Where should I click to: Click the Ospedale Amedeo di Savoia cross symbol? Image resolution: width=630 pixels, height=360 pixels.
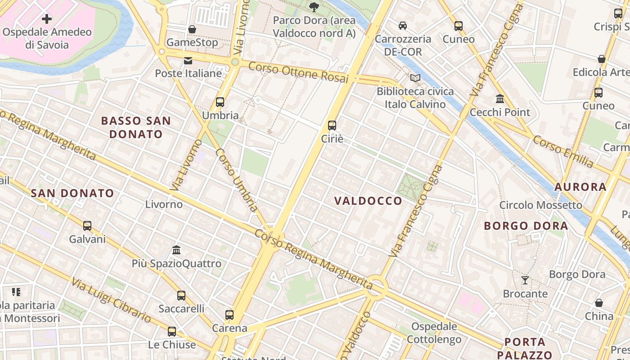coord(46,19)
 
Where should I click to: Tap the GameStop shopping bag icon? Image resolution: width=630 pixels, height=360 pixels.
coord(192,29)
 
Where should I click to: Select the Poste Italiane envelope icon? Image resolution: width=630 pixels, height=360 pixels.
coord(188,60)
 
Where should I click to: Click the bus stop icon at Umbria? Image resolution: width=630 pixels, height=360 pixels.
coord(220,102)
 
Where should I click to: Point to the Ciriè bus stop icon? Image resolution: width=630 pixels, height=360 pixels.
coord(332,126)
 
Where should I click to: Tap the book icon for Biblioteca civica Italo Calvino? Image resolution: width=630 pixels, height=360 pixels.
coord(415,78)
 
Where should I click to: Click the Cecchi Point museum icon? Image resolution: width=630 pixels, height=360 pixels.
coord(500,99)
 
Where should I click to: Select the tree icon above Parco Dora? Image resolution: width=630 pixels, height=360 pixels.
coord(314,7)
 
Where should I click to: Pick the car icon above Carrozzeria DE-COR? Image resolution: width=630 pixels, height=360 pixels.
coord(403,26)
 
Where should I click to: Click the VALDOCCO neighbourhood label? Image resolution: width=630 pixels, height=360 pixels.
coord(368,201)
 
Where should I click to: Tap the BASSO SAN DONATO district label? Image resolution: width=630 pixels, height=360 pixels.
coord(136,127)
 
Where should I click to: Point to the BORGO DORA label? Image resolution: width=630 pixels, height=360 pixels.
coord(526,226)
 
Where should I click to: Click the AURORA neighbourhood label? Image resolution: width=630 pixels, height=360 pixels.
coord(580,187)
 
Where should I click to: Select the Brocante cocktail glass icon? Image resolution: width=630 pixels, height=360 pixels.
coord(525,280)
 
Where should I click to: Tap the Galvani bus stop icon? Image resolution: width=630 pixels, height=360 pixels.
coord(87,225)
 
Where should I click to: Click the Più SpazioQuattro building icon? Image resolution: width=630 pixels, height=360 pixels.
coord(176,250)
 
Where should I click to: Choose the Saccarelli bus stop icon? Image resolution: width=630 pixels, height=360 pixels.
coord(181,296)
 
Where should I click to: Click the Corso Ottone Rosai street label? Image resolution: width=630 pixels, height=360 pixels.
coord(298,72)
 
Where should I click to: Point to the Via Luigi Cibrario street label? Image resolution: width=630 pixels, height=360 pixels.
coord(111,300)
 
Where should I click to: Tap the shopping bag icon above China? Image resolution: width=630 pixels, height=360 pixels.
coord(599,303)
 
